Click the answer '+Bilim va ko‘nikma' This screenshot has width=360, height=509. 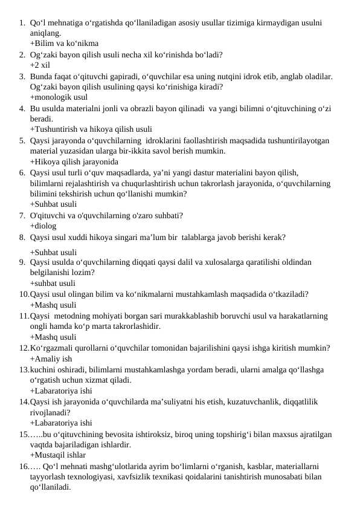pyautogui.click(x=64, y=44)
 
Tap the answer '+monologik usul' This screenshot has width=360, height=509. pyautogui.click(x=59, y=97)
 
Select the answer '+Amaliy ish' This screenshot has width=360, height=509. pyautogui.click(x=51, y=358)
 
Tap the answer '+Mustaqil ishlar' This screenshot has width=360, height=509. pyautogui.click(x=57, y=455)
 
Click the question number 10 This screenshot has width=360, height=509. pyautogui.click(x=23, y=294)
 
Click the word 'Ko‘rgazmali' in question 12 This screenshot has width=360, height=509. pyautogui.click(x=51, y=348)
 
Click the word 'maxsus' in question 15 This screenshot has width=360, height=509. pyautogui.click(x=276, y=433)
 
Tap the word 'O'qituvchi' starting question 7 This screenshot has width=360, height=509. pyautogui.click(x=47, y=215)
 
